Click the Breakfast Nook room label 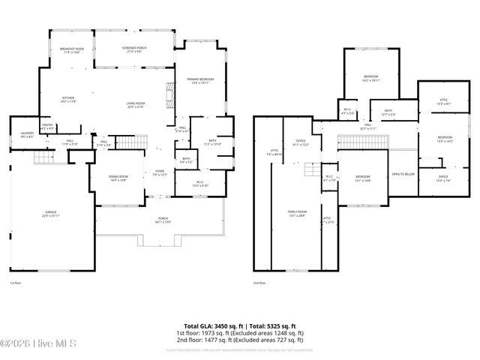click(72, 51)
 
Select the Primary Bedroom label click(201, 80)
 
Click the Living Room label click(134, 105)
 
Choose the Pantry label click(46, 127)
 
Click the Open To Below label click(403, 174)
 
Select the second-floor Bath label click(388, 113)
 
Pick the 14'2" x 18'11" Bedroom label click(371, 78)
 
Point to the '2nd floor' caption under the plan click(259, 283)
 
